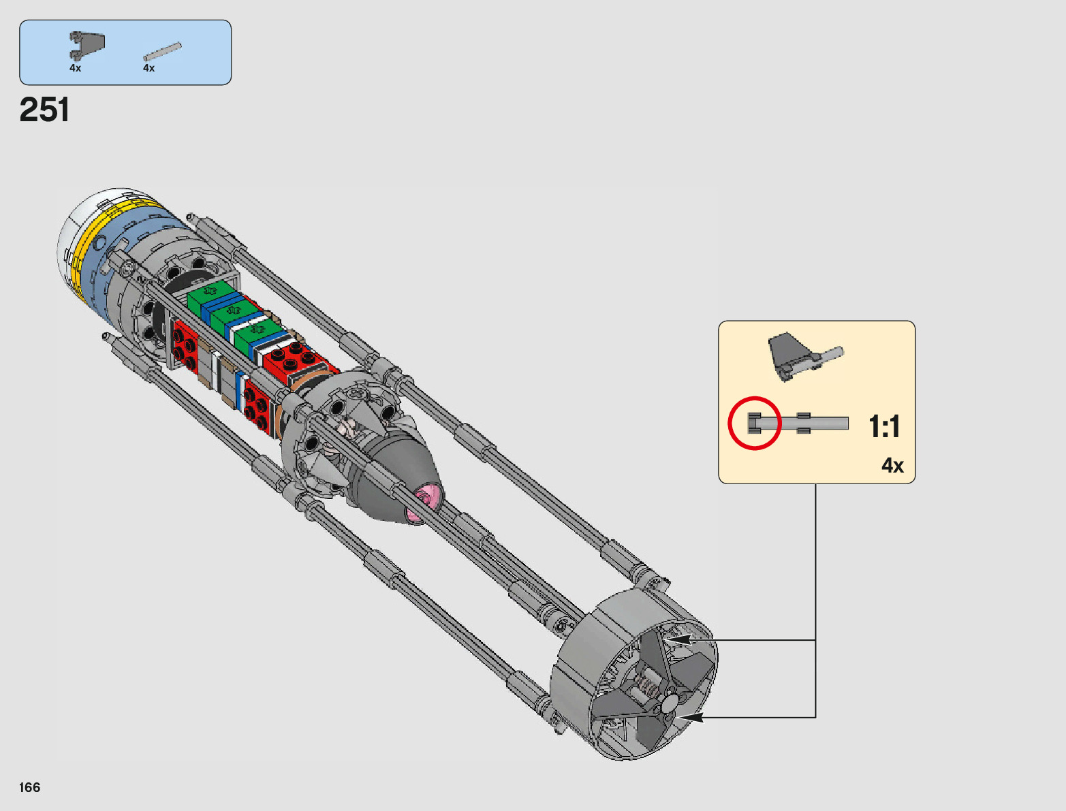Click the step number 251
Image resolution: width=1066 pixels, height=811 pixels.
(44, 110)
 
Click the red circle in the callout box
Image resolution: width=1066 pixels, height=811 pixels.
(754, 424)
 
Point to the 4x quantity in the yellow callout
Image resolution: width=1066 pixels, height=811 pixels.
(892, 466)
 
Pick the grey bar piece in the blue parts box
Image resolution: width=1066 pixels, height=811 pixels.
(162, 52)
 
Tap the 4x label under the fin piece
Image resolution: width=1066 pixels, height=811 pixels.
(76, 68)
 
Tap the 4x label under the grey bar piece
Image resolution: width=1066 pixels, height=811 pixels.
(148, 68)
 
